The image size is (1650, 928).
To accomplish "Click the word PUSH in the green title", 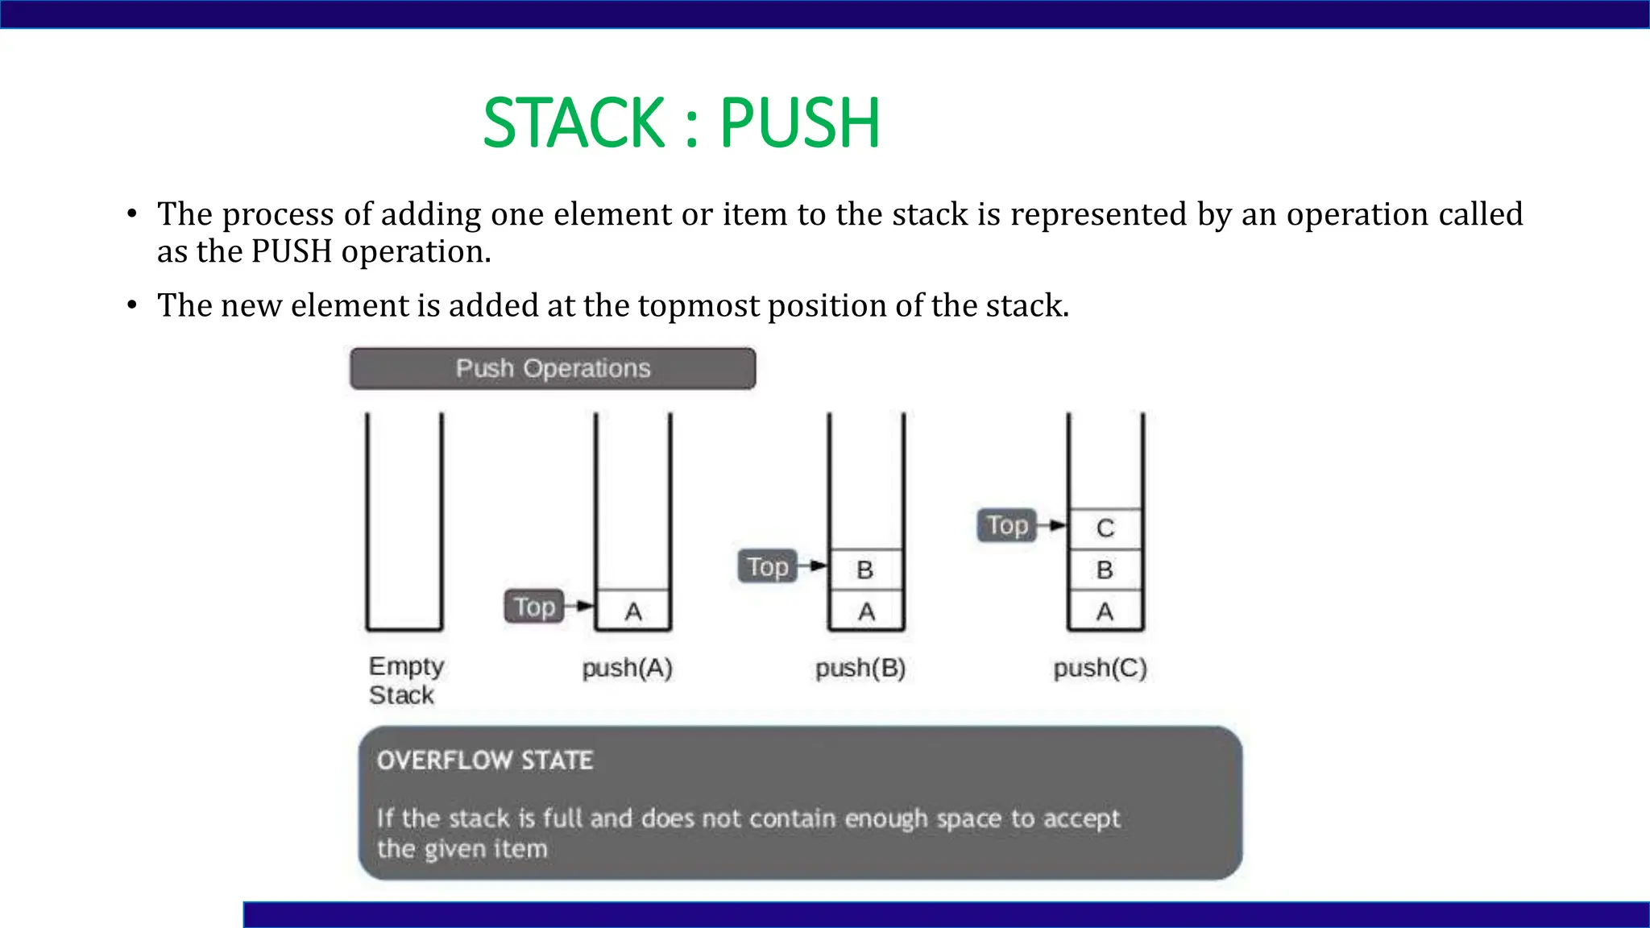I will pos(799,123).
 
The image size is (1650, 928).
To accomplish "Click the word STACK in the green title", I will pos(573,123).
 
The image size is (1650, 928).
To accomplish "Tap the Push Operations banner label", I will pos(553,369).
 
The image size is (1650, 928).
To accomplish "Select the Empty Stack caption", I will pos(405,681).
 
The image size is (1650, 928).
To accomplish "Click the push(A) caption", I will pos(627,668).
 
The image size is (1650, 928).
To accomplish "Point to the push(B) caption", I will pos(860,668).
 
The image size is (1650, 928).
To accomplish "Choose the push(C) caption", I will pos(1100,668).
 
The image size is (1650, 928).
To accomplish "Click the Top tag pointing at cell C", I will pos(1007,526).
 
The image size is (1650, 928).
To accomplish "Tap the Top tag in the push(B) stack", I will pos(767,567).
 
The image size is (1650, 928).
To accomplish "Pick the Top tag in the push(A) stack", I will pos(534,607).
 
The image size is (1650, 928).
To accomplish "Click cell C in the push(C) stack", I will pos(1105,528).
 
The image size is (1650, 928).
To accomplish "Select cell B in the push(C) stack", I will pos(1105,570).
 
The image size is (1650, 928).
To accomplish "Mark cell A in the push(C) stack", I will pos(1105,612).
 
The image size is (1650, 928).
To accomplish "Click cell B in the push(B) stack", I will pos(866,570).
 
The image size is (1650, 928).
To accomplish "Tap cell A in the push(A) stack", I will pos(633,612).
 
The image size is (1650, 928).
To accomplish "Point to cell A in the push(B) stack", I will pos(866,612).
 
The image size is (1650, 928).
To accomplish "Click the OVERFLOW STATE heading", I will pos(485,760).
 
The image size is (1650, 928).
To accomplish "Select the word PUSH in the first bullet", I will pos(292,252).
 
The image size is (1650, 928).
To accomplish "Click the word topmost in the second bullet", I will pos(699,306).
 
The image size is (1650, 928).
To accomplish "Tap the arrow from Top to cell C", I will pos(1052,526).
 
